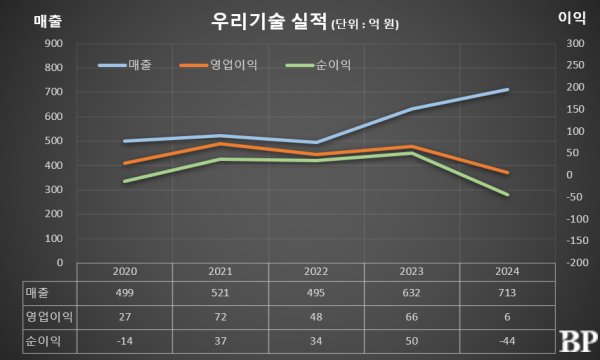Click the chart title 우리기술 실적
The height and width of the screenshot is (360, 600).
coord(268,20)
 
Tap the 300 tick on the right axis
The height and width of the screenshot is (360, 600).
coord(574,44)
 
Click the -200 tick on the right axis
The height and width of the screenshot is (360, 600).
coord(574,262)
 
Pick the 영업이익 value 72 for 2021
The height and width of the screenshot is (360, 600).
coord(221,317)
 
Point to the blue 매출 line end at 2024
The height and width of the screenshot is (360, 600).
coord(508,90)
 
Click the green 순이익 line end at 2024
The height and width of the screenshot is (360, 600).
coord(508,195)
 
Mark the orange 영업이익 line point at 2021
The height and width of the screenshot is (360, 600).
coord(221,144)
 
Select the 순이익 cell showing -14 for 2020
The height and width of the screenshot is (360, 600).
coord(125,340)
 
